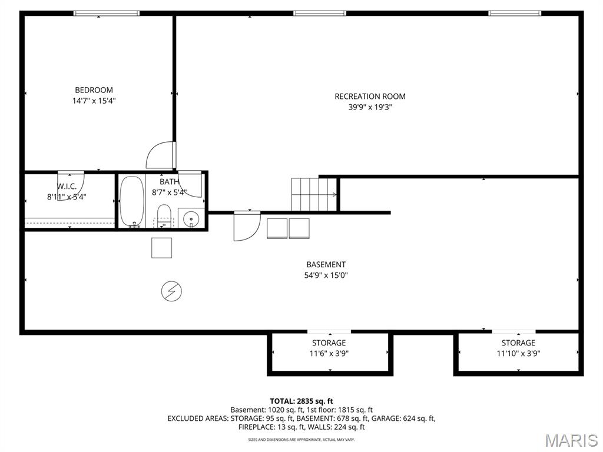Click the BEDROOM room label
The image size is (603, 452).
94,90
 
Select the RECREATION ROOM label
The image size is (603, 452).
370,96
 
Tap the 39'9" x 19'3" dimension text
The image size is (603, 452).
370,107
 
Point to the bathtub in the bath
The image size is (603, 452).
132,201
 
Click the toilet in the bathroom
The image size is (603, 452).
164,216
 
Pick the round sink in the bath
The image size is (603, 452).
191,220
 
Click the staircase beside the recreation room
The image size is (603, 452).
314,194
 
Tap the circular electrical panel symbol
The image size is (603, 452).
171,291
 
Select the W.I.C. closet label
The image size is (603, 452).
67,187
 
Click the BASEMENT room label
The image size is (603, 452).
326,264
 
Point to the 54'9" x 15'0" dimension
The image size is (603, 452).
326,275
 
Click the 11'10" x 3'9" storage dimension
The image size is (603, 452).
518,353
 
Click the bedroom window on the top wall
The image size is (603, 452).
107,14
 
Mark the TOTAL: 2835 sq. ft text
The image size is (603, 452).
301,401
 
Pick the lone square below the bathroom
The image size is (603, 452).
161,248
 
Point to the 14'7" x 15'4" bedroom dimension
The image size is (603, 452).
94,101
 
